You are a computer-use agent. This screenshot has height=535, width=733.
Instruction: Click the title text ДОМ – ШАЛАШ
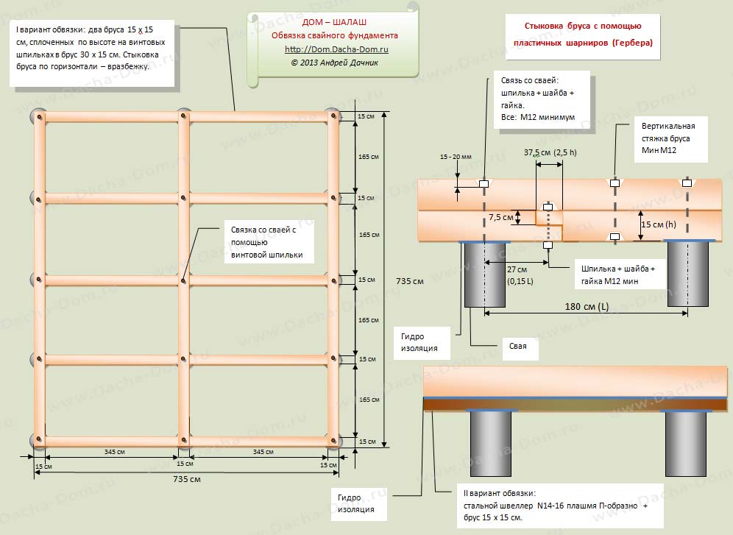[x=334, y=22]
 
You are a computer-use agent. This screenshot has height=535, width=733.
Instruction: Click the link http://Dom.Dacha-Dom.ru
[x=336, y=49]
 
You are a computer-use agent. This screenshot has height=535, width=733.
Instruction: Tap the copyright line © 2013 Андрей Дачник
[x=334, y=63]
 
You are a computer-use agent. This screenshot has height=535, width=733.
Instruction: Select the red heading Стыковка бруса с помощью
[x=582, y=26]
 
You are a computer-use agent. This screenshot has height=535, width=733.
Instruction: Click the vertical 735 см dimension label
[x=409, y=281]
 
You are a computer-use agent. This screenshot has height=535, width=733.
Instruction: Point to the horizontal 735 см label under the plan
[x=186, y=479]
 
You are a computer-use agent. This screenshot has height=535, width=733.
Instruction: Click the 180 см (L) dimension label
[x=587, y=307]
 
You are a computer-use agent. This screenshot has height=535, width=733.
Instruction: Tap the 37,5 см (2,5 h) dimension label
[x=550, y=152]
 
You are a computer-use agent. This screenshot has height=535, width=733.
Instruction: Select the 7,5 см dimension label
[x=501, y=217]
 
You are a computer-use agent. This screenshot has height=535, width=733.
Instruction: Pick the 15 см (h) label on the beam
[x=658, y=224]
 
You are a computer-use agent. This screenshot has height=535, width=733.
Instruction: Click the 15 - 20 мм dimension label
[x=456, y=157]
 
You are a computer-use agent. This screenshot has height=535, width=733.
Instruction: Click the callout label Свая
[x=517, y=346]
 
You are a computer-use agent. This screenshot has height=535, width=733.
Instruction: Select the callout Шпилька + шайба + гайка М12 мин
[x=618, y=274]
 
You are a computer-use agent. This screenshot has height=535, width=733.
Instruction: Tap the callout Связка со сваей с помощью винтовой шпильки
[x=267, y=242]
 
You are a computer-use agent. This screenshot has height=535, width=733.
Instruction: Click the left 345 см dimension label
[x=115, y=452]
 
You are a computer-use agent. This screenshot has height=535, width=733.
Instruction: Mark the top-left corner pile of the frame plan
[x=38, y=116]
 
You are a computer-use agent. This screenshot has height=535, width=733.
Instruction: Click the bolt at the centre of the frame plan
[x=184, y=280]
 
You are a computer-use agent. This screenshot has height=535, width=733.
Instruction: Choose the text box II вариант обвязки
[x=556, y=506]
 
